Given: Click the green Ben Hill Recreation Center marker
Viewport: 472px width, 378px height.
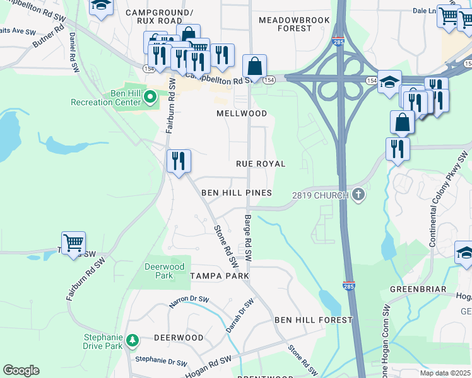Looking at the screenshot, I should coord(150,97).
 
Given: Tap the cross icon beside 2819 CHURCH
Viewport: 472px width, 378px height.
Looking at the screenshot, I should coord(358,195).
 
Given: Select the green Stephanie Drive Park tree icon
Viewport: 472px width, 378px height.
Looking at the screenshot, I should coord(132,341).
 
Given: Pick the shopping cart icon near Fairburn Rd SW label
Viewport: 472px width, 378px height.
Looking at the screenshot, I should coord(74,243).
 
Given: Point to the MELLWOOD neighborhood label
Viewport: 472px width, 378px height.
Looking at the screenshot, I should coord(242,113).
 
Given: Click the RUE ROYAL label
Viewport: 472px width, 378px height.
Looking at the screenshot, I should coord(261,164).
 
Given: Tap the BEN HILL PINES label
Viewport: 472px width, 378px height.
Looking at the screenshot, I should coord(237,193).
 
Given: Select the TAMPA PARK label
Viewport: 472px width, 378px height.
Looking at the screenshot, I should coord(220,276).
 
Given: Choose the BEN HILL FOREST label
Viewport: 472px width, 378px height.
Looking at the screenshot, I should coord(313,320).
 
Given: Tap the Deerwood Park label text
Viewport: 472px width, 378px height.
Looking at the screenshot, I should coord(158,271).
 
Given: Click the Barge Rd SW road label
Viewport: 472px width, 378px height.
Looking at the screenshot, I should coord(247,239).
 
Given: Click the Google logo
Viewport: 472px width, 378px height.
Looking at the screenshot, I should coord(21,370).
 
